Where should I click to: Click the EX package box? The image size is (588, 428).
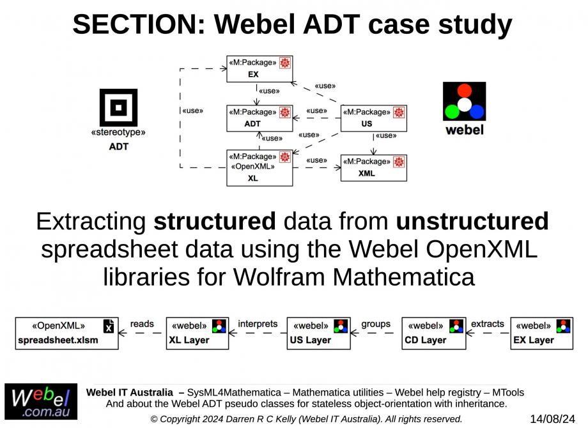259,69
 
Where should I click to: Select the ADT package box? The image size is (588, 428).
259,118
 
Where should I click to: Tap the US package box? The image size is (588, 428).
373,118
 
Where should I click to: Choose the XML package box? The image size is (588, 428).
373,167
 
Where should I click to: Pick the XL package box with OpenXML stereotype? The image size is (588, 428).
259,167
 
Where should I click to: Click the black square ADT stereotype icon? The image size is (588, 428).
118,107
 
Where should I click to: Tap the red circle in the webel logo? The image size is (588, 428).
465,90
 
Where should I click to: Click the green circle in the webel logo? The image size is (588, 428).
452,112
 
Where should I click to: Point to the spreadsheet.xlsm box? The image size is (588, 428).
66,333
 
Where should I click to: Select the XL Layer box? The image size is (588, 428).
197,333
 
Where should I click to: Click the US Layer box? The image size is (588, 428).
318,333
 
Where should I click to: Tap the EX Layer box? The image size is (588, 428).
542,333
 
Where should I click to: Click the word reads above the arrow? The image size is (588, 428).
142,324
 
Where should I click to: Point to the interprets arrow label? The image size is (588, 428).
258,324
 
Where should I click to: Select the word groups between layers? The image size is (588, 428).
376,324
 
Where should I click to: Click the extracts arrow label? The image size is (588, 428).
488,324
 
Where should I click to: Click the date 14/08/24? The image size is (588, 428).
553,419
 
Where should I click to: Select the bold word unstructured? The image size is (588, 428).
472,222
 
